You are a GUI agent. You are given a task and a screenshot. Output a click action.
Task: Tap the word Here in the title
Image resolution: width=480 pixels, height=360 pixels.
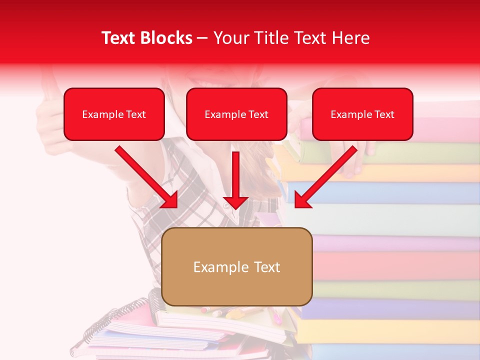tap(351, 38)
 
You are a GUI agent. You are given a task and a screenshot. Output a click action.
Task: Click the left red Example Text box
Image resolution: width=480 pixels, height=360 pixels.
tap(114, 114)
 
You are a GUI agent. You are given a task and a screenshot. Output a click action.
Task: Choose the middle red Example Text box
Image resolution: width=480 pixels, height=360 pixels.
tap(236, 114)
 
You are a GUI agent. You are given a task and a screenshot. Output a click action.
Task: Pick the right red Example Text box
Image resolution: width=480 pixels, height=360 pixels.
tap(362, 114)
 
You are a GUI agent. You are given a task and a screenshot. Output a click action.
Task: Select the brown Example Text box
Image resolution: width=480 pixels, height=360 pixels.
tap(237, 267)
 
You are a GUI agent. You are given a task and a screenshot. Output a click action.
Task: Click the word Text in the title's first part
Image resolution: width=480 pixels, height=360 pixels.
tap(118, 38)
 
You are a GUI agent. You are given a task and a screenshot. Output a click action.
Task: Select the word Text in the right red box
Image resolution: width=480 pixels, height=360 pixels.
tap(384, 114)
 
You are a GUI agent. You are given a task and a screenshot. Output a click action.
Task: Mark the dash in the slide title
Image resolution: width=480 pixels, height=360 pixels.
tap(203, 38)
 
